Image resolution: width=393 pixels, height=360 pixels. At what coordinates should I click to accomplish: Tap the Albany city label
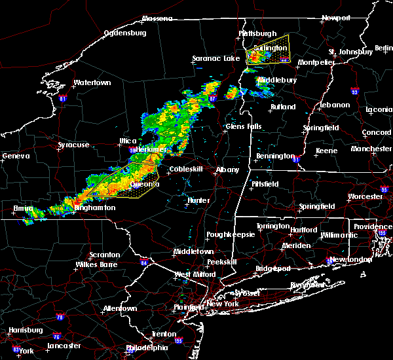227,170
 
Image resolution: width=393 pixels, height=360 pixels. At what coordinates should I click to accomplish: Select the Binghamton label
95,207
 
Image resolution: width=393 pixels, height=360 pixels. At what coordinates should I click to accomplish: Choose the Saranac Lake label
215,59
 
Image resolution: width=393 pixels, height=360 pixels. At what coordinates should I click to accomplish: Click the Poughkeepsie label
226,234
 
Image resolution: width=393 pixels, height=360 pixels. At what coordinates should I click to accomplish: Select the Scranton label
105,255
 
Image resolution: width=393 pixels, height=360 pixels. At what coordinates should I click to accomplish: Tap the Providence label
373,226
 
